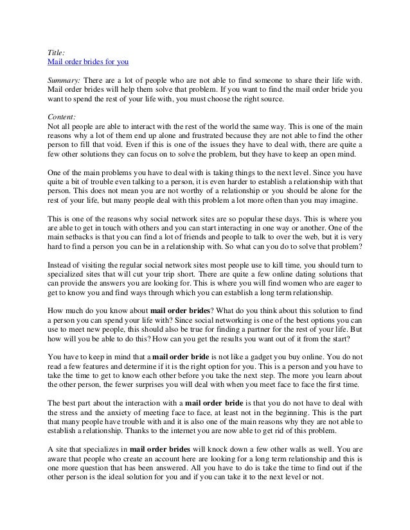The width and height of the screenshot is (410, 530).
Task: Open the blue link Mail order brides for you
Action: (x=89, y=63)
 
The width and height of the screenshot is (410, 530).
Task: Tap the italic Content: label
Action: (x=62, y=118)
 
